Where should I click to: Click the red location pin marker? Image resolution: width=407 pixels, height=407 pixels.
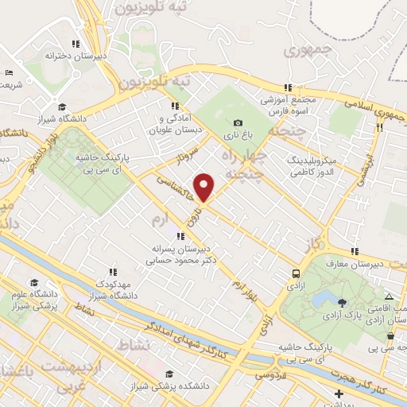[x=206, y=187]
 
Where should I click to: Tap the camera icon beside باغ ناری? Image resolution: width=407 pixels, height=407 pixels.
[x=238, y=123]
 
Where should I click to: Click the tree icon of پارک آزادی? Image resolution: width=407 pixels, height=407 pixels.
[x=342, y=302]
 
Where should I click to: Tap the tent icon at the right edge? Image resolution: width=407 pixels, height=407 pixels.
[x=389, y=295]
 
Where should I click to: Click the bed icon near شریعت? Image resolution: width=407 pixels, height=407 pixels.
[x=9, y=72]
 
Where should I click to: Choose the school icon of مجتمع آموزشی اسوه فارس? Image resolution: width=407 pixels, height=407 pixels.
[x=288, y=88]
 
